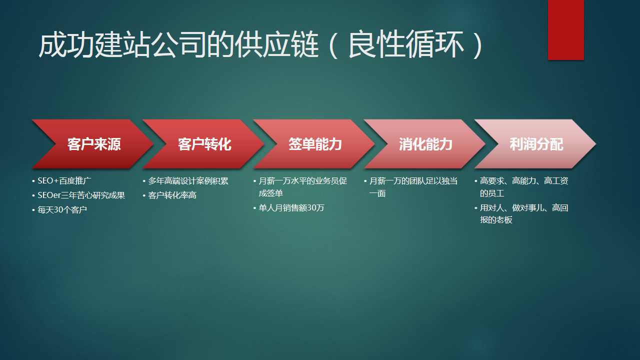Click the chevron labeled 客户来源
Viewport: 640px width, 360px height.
pos(94,144)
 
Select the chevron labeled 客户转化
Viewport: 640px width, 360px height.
pos(204,144)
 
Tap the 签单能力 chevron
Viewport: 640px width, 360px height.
pos(315,144)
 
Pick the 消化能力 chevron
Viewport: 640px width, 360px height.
pos(425,144)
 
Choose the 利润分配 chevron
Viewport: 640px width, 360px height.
pos(536,144)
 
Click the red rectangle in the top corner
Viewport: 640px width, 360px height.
pos(565,29)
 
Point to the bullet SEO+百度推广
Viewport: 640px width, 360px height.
pos(64,181)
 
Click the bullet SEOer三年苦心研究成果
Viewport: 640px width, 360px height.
pos(81,195)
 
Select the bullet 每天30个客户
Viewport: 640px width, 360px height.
pos(62,210)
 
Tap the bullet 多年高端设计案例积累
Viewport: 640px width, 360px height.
pos(188,181)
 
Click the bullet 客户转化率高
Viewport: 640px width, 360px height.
pos(172,195)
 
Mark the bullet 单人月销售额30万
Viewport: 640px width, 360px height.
pos(291,208)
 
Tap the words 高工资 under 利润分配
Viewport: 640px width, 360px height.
pos(556,181)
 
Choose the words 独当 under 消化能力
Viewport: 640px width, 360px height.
pos(447,181)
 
